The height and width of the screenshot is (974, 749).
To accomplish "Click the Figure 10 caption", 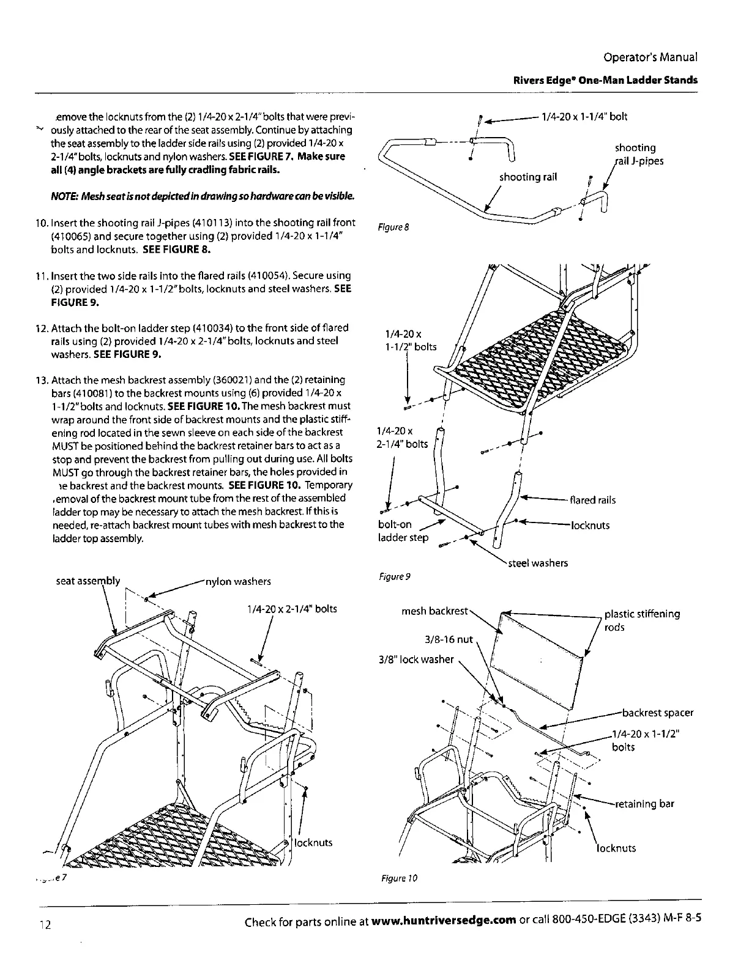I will pos(397,879).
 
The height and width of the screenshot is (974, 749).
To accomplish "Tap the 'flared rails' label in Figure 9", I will pos(592,500).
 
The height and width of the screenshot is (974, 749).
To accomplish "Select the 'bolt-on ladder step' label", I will pos(404,531).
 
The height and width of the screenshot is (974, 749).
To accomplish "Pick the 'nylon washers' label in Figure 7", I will pos(239,581).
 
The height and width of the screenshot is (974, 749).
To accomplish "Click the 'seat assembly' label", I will pos(88,581).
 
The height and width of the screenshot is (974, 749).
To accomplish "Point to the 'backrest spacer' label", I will pos(657,713).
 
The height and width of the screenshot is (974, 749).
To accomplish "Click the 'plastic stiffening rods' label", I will pos(642,620).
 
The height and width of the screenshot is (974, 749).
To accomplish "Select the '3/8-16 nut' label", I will pos(449,639).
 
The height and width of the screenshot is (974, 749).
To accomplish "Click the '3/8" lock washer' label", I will pos(416,659).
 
